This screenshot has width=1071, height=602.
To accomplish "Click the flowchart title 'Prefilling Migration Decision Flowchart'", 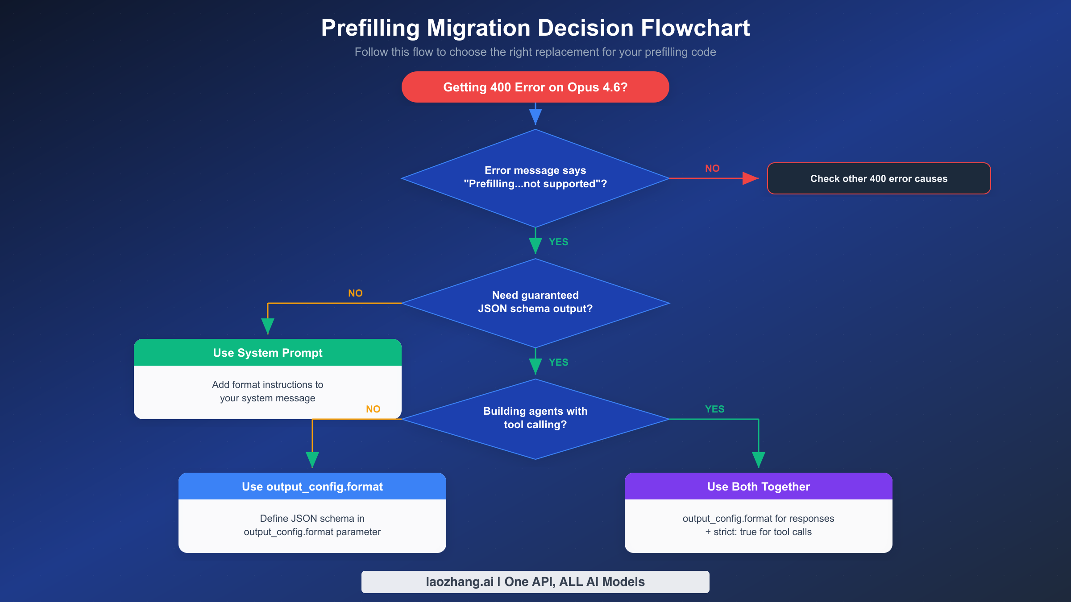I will [535, 28].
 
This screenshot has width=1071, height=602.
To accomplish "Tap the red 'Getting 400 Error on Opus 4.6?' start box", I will [535, 87].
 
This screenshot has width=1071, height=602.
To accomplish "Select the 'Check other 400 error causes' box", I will [879, 178].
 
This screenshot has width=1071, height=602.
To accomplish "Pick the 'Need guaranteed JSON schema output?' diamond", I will [535, 302].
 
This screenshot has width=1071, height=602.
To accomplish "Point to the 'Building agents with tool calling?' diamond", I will [535, 418].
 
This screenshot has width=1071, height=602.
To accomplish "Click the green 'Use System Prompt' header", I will [268, 353].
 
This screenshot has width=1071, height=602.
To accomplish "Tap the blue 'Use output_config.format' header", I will [312, 487].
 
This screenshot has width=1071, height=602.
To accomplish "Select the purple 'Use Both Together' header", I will [758, 487].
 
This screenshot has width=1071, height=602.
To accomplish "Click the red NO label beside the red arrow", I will [712, 169].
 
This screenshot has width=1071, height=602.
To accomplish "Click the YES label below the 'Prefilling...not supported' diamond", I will [558, 242].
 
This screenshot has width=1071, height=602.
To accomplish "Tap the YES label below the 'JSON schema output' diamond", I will [558, 363].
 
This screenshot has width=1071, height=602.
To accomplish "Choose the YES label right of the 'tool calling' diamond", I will [714, 409].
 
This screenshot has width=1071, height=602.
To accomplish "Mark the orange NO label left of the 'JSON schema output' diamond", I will [355, 293].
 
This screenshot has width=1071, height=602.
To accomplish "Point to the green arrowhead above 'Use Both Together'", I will [758, 459].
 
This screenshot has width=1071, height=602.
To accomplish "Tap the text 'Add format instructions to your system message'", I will [268, 391].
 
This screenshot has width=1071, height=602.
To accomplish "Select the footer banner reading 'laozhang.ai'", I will [535, 582].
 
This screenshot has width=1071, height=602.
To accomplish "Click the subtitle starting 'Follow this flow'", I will [535, 52].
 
